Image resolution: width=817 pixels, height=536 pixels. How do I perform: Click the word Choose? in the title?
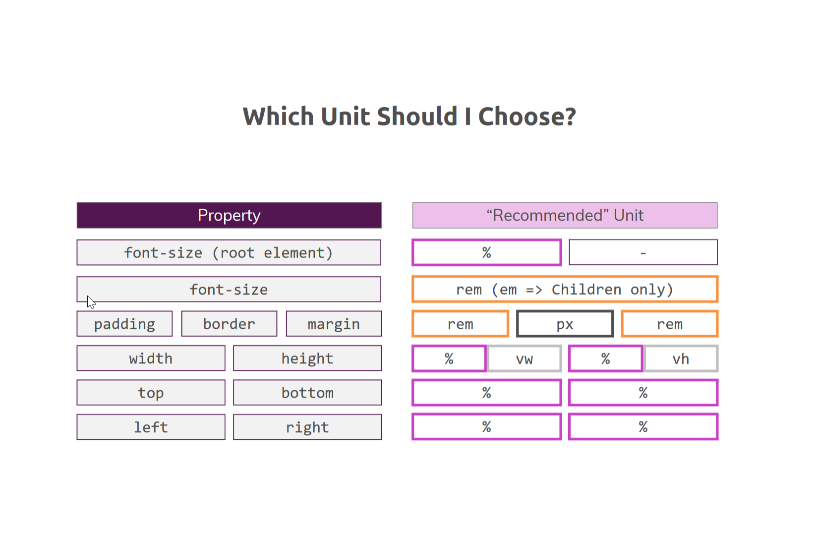point(527,117)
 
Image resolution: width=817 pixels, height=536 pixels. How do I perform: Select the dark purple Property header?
point(229,215)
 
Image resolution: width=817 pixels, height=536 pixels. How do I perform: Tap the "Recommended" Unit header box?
point(565,215)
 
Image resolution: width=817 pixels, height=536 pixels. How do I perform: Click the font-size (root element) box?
point(229,252)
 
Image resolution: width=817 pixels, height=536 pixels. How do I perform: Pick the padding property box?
point(124,324)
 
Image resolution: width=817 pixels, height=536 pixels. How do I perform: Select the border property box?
point(229,324)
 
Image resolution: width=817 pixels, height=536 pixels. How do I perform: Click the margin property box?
point(334,324)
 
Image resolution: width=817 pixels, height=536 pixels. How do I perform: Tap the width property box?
point(151,358)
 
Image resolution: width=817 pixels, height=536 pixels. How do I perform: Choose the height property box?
point(307,358)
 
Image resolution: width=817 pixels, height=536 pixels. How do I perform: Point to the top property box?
point(151,393)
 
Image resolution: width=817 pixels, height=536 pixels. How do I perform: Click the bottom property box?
point(307,393)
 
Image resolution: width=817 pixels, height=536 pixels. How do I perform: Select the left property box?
point(151,427)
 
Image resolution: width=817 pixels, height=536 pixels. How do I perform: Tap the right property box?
point(307,427)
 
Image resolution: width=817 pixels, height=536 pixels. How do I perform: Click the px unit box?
point(565,324)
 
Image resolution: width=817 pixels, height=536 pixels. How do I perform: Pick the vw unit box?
point(525,358)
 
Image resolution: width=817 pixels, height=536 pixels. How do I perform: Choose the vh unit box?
point(681,358)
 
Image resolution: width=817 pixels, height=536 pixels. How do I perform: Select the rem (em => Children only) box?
point(565,290)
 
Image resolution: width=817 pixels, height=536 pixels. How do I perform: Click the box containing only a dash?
point(643,252)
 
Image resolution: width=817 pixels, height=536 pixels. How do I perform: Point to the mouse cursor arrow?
point(90,302)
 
